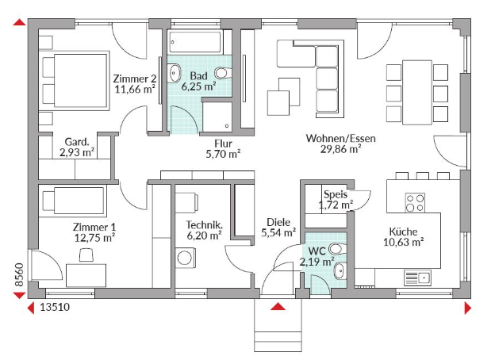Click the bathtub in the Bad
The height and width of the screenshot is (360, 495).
pos(195,42)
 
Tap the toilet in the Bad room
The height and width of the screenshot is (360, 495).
pos(223,73)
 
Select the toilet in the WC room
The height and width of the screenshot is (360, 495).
pos(338,249)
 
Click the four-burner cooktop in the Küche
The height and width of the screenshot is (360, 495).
pos(415,202)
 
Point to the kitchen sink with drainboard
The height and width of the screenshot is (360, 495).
pos(417,278)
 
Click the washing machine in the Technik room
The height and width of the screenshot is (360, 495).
pos(186,258)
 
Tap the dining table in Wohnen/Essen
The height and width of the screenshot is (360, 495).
pos(417,93)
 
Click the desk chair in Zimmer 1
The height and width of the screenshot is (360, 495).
pos(86,255)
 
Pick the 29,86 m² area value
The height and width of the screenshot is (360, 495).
pos(340,149)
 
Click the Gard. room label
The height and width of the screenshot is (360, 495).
pos(77,142)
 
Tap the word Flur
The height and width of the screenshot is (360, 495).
pos(223,144)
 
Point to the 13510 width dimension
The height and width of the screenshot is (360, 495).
pos(55,307)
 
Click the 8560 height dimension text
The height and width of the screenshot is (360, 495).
pos(19,274)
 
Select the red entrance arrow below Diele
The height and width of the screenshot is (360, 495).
pos(278,306)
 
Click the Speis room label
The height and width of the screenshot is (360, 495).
pos(336,194)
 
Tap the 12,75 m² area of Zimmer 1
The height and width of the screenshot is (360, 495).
pos(94,238)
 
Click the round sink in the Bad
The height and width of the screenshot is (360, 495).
pos(174,73)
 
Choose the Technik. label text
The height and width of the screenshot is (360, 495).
pos(204,225)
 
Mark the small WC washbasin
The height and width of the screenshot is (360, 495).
pos(340,270)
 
